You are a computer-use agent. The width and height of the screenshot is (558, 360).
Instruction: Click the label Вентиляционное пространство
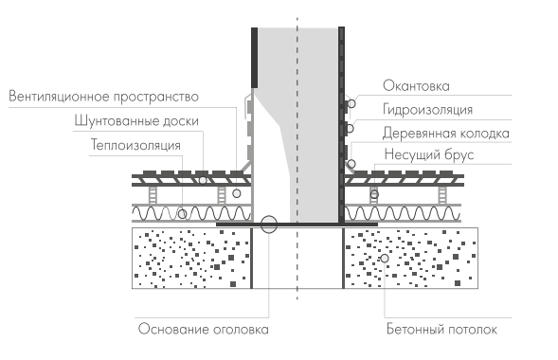[103, 97]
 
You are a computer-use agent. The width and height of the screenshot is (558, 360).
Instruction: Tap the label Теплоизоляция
[146, 145]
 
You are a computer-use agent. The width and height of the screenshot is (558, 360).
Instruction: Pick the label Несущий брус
[428, 154]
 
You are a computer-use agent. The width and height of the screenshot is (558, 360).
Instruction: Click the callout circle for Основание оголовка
[269, 225]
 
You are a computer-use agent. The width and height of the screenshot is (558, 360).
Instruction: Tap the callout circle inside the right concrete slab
[385, 258]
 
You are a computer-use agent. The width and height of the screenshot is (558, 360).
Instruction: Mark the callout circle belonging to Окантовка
[351, 102]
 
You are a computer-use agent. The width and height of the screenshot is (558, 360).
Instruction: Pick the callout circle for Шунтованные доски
[202, 177]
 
